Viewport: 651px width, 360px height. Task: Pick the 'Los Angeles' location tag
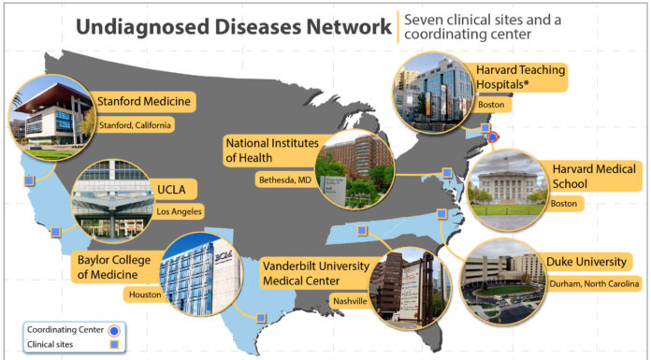pos(178,211)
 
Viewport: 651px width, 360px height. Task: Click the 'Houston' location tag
pos(146,294)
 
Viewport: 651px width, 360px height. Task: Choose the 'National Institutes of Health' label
pos(270,151)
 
